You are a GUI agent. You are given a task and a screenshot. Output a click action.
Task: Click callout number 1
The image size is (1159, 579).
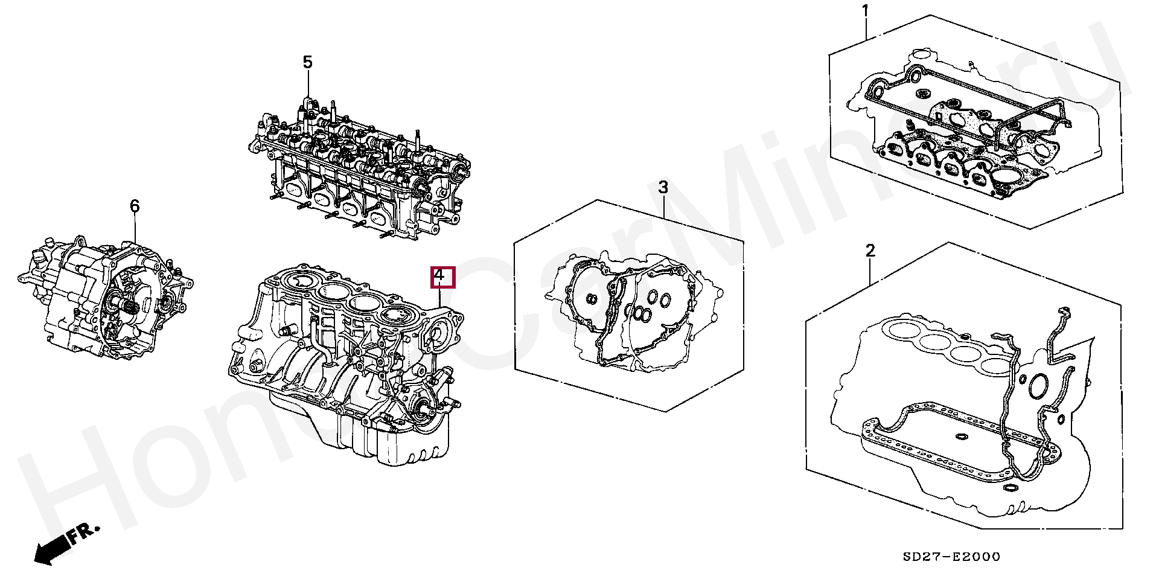tap(865, 11)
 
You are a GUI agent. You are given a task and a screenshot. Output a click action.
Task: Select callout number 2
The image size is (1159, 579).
tap(870, 251)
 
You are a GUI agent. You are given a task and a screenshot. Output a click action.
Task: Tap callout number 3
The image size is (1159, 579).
tap(663, 187)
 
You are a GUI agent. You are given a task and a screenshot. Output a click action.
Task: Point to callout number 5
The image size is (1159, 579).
tap(308, 62)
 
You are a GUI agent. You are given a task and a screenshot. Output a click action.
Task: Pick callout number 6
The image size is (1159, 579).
tap(135, 206)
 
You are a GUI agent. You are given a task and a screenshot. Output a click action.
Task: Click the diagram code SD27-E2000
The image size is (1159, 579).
tap(951, 557)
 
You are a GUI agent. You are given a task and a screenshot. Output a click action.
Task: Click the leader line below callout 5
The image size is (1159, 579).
tap(308, 85)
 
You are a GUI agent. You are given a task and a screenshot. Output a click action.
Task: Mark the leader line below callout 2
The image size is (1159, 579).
tap(870, 272)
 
